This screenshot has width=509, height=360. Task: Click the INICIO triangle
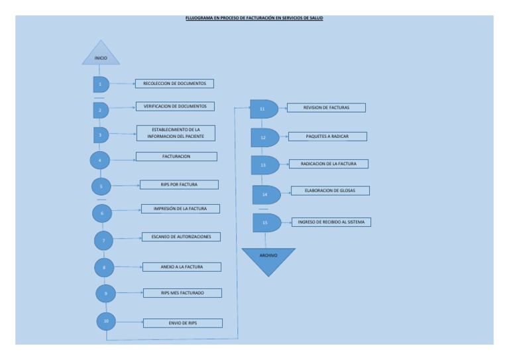point(101,56)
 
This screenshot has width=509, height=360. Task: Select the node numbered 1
point(101,84)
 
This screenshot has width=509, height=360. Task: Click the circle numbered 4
point(100,160)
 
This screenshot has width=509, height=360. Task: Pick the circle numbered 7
point(104,239)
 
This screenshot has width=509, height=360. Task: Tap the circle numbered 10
point(106,320)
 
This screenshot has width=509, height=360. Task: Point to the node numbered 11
point(263,109)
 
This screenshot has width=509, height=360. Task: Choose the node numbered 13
point(264,164)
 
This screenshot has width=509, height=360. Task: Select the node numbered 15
point(266,223)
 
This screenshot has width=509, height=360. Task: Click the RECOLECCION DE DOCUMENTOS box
point(174,84)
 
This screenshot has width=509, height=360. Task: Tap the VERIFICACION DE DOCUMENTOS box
point(175,106)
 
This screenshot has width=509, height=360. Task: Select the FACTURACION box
point(176,156)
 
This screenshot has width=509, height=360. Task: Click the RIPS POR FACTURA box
point(179,185)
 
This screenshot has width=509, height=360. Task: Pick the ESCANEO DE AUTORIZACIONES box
point(181,236)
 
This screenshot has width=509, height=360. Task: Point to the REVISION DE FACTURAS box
point(326,107)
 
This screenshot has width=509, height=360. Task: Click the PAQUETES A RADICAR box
point(327,137)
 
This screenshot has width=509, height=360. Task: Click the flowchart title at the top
point(254,19)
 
